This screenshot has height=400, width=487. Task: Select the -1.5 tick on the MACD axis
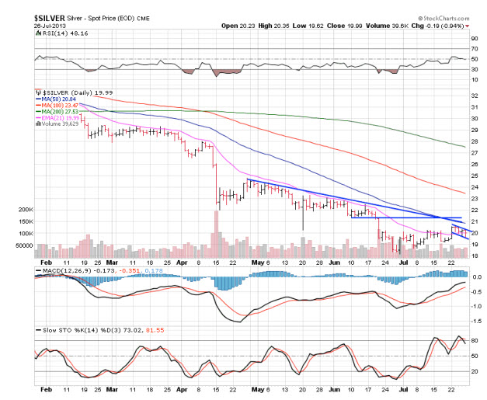[x=476, y=319]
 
